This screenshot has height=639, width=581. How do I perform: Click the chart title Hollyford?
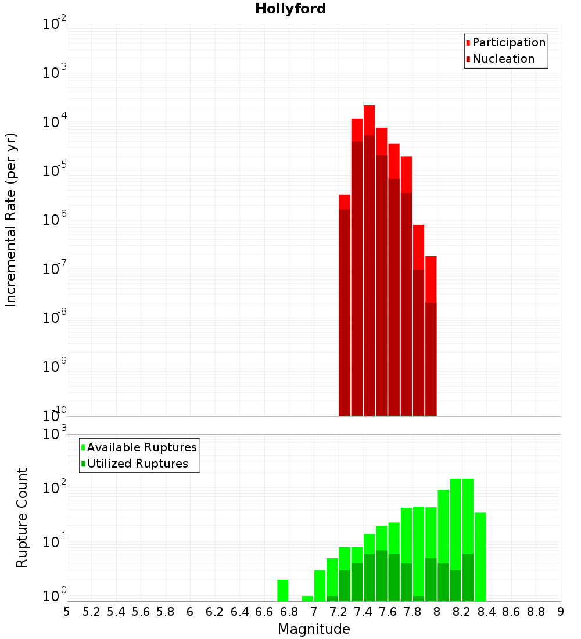(x=290, y=9)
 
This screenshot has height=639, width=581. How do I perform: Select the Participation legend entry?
(x=508, y=42)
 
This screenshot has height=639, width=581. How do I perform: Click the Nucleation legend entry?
(x=503, y=59)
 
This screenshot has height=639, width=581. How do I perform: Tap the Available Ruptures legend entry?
(x=141, y=447)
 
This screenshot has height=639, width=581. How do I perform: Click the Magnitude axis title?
(x=314, y=629)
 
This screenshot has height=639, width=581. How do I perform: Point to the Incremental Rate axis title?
(x=11, y=220)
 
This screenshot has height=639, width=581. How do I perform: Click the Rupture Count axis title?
(x=22, y=518)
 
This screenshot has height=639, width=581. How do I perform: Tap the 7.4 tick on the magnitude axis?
(x=363, y=612)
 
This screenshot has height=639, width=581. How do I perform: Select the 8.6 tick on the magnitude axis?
(x=511, y=612)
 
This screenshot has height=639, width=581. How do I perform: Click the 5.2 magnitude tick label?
(x=91, y=612)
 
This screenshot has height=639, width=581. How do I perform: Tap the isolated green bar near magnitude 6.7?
(x=282, y=590)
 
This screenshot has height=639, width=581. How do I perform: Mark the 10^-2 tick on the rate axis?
(x=55, y=24)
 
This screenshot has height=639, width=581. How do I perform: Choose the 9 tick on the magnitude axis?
(x=561, y=612)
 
